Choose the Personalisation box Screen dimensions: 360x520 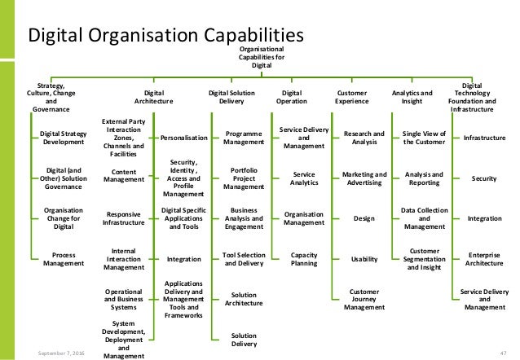pyautogui.click(x=184, y=137)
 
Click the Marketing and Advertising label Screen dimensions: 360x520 pyautogui.click(x=364, y=179)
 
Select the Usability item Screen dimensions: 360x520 pyautogui.click(x=364, y=259)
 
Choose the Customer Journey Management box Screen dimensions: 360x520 pyautogui.click(x=364, y=300)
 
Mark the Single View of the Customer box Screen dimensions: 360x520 pyautogui.click(x=424, y=137)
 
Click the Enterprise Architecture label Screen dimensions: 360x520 pyautogui.click(x=484, y=259)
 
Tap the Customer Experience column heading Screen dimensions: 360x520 pyautogui.click(x=351, y=99)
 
